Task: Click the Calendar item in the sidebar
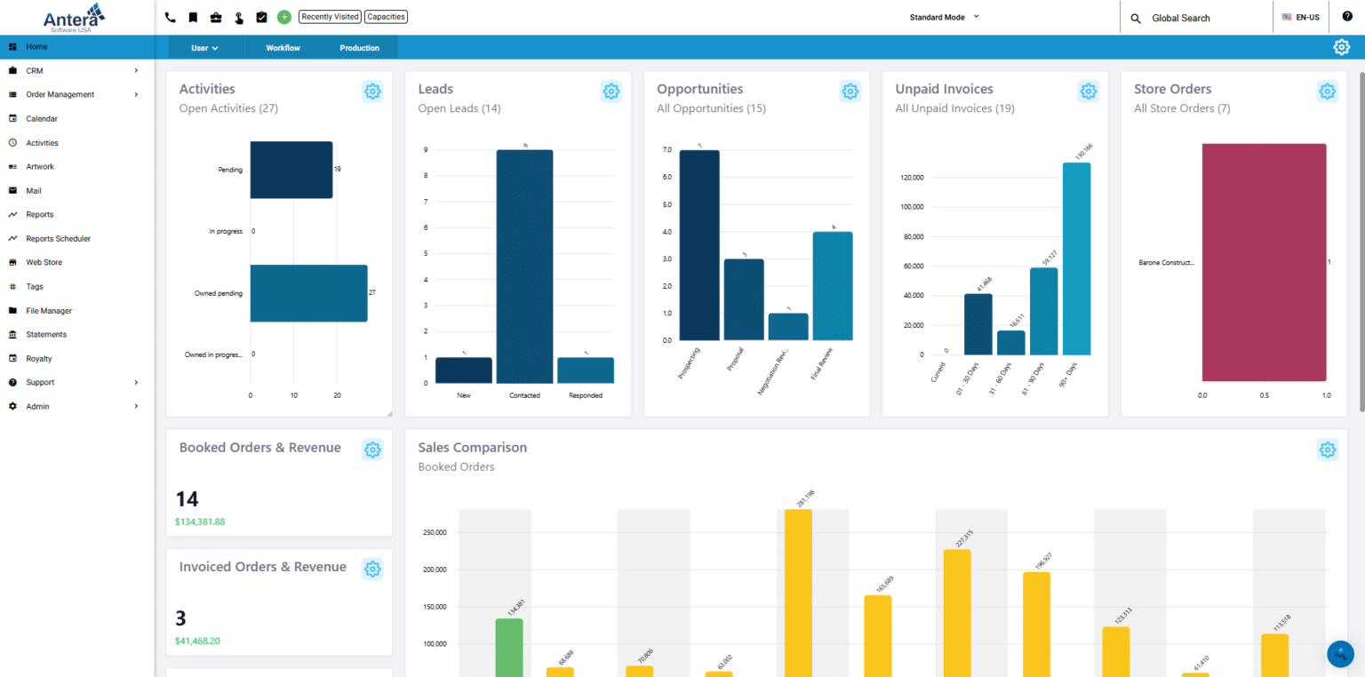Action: click(x=42, y=118)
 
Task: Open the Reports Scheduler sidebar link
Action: click(x=58, y=238)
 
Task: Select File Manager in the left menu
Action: click(x=49, y=311)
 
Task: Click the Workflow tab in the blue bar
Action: click(x=283, y=48)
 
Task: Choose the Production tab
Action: click(x=359, y=48)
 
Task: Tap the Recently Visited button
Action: click(x=329, y=17)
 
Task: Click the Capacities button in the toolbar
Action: click(x=386, y=17)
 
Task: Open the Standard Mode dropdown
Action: click(x=944, y=17)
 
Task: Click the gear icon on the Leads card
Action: click(x=611, y=91)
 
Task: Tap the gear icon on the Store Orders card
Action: click(x=1327, y=91)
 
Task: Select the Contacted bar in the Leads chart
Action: click(x=524, y=267)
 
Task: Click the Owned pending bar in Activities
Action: click(x=308, y=293)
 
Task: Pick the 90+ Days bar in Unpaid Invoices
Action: click(x=1076, y=258)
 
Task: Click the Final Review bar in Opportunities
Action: click(x=832, y=285)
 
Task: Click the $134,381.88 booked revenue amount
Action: click(x=200, y=522)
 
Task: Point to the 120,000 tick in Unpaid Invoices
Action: click(x=912, y=178)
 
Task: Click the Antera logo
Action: click(x=75, y=17)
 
